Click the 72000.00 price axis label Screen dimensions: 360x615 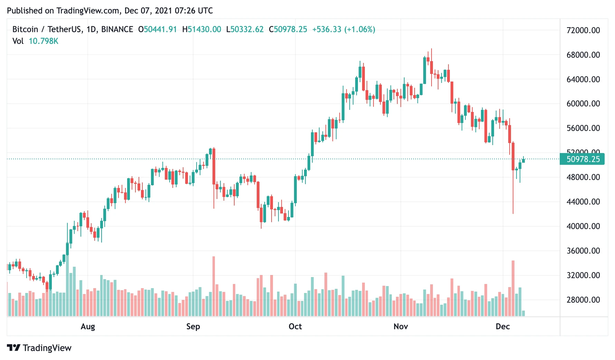(x=583, y=30)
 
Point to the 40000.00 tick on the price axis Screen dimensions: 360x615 (x=583, y=226)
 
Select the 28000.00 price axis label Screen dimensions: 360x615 (x=583, y=300)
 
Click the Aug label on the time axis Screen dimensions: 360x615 (x=88, y=326)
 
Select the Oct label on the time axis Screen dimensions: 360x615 (x=295, y=326)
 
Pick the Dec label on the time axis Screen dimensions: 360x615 (x=503, y=326)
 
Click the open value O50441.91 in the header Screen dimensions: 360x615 (x=158, y=29)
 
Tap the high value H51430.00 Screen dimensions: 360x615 (x=201, y=29)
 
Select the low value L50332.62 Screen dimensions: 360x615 (x=245, y=29)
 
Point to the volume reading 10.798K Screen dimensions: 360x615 (x=44, y=41)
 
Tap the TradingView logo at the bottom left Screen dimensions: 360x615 (x=39, y=348)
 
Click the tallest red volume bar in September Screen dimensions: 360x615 (x=214, y=287)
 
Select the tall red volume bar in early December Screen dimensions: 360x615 (x=513, y=288)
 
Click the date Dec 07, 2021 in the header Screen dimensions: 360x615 (x=148, y=11)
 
